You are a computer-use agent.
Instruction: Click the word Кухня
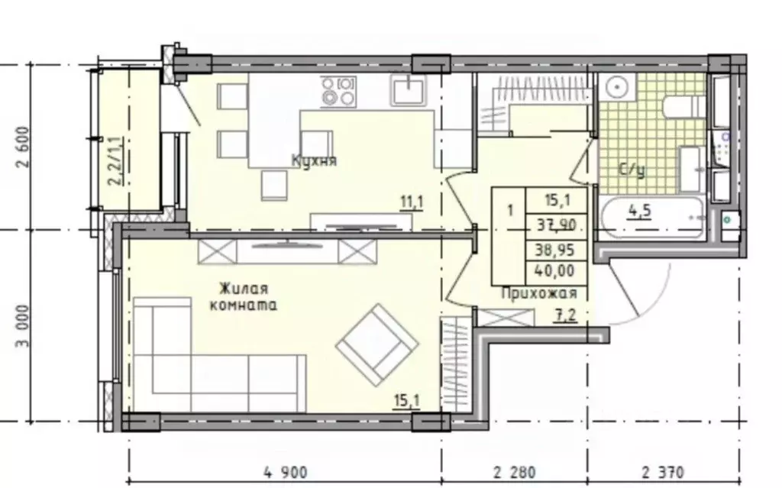[x=314, y=160]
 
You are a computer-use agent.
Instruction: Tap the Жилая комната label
[x=244, y=296]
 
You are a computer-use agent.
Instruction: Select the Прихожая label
[x=538, y=293]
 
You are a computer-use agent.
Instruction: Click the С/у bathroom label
[x=632, y=170]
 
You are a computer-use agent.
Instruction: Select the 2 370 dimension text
[x=663, y=472]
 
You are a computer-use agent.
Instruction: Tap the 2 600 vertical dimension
[x=24, y=147]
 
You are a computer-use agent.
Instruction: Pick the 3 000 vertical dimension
[x=24, y=326]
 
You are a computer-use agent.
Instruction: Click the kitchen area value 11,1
[x=412, y=202]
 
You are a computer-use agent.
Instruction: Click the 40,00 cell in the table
[x=554, y=271]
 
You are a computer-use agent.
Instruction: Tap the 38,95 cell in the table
[x=554, y=248]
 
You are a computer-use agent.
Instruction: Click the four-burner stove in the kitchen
[x=338, y=91]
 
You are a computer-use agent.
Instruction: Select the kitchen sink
[x=409, y=90]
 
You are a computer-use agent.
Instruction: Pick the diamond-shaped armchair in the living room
[x=377, y=344]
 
